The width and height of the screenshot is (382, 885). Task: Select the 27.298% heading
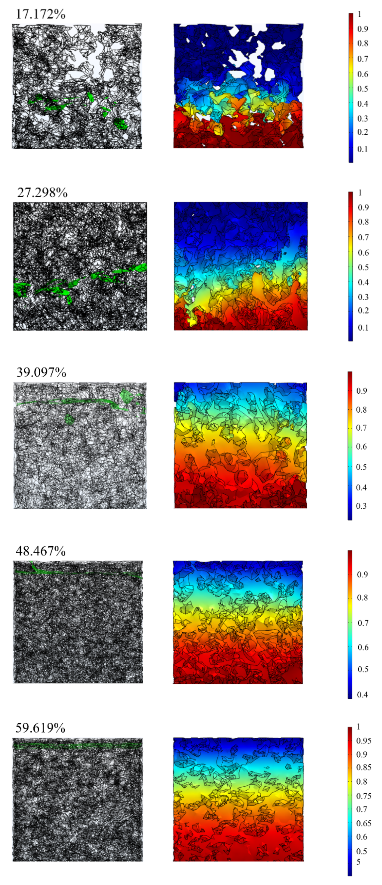click(42, 193)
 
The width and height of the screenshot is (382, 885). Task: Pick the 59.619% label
click(40, 728)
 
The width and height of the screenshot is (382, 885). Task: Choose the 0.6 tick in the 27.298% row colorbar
click(363, 253)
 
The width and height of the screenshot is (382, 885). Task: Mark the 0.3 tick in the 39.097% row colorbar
click(361, 506)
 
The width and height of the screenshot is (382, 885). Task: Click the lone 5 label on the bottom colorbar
click(358, 861)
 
